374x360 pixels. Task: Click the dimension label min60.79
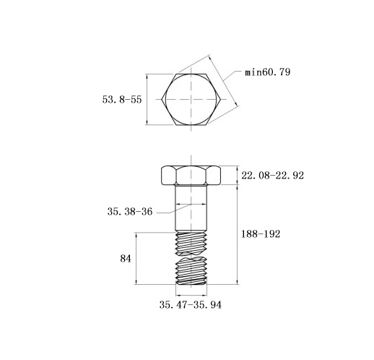(x=268, y=72)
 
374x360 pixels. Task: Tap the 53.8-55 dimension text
(x=122, y=100)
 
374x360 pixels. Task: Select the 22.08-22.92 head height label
(x=272, y=176)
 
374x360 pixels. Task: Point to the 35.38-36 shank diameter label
(x=130, y=212)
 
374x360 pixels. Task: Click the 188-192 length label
(x=261, y=234)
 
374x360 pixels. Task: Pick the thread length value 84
(x=126, y=259)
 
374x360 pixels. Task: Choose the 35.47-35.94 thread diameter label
(x=191, y=305)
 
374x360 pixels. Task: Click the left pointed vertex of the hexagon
(x=162, y=99)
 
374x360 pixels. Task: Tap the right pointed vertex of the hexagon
(x=220, y=99)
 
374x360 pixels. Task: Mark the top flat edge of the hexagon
(x=191, y=74)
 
